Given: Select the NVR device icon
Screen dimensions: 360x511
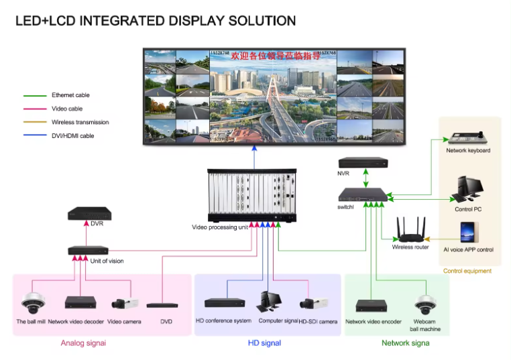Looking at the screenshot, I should [363, 162].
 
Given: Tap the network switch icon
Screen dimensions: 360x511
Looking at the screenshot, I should [363, 195].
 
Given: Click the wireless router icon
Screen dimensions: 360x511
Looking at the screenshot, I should [410, 230].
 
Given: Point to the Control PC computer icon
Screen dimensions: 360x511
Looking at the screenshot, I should [468, 190].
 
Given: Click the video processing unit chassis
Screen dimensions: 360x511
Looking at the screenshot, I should [253, 194].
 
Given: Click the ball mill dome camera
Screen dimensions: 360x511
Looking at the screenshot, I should [32, 302].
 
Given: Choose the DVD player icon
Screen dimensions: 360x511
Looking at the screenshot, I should [162, 305].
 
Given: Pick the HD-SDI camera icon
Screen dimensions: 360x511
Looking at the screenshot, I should [313, 304].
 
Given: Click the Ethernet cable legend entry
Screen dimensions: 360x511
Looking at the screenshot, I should [70, 95].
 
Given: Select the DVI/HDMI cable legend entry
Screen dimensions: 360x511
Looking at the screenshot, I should [72, 136].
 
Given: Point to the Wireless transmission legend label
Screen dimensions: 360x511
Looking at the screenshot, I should [80, 122].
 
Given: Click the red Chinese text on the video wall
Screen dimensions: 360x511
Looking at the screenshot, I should [275, 56].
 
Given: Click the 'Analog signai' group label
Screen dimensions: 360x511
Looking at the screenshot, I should [83, 343].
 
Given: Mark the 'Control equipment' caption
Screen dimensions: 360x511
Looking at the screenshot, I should [467, 271].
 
